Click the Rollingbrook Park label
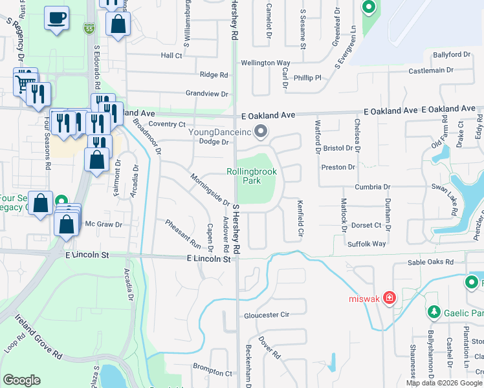tap(252, 176)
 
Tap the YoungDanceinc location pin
tap(261, 132)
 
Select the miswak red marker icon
tap(390, 297)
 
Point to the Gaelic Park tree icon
tap(433, 312)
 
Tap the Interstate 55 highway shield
tap(89, 29)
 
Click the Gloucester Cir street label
tap(265, 316)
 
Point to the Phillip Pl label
tap(307, 78)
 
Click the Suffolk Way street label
tap(367, 244)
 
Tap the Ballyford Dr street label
tap(451, 54)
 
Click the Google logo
tap(21, 380)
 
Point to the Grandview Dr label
tap(208, 94)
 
